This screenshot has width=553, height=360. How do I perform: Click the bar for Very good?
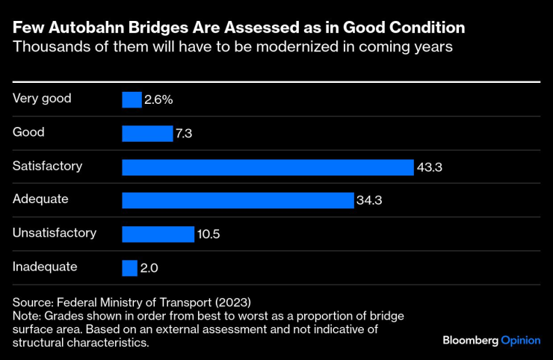click(132, 99)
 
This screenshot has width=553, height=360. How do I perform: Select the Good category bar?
click(147, 133)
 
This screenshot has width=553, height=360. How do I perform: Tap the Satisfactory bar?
click(268, 167)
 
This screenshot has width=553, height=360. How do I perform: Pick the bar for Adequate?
click(238, 200)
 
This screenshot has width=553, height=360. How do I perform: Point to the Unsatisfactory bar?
click(158, 234)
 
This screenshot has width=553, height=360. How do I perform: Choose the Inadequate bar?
click(130, 267)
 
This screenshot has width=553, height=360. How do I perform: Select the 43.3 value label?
click(431, 167)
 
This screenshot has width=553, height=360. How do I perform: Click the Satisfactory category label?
click(48, 165)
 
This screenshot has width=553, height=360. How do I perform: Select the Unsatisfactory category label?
click(55, 232)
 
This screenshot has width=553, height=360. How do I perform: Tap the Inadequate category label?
click(45, 266)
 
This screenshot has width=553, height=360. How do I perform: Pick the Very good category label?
click(42, 98)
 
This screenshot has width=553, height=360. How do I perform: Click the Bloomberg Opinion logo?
click(491, 340)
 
